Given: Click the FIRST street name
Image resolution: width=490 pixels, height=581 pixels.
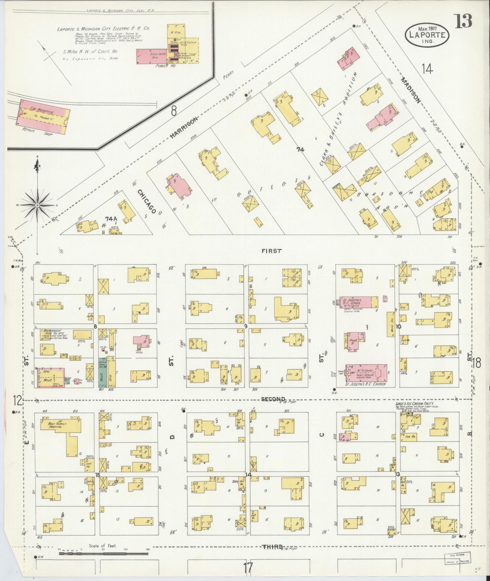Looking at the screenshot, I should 271,251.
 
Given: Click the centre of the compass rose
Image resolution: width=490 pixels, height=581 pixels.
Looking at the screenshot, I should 37,206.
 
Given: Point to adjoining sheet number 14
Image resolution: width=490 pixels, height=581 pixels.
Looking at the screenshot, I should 427,69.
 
